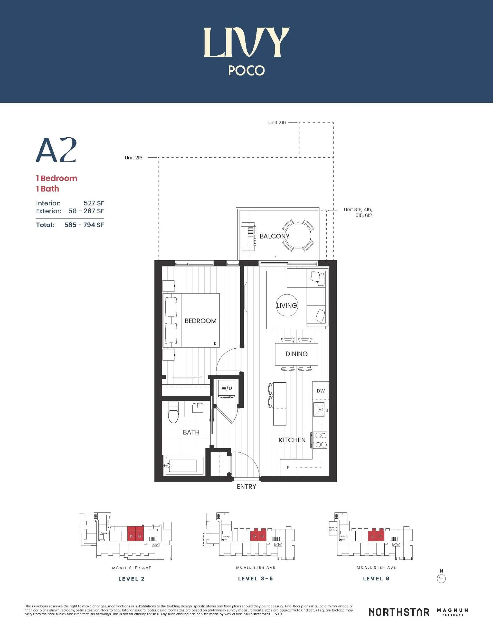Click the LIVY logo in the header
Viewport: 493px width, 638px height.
point(246,42)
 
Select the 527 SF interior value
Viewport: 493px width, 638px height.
point(93,203)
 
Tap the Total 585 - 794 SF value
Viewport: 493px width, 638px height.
point(84,225)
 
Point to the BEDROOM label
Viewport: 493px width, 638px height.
point(201,321)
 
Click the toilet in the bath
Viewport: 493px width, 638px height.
point(174,413)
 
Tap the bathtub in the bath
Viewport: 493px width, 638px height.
point(183,466)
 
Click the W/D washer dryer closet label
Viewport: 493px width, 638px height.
point(226,388)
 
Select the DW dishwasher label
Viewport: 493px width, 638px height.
point(321,391)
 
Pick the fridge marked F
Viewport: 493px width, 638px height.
point(288,468)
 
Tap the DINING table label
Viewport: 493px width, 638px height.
point(296,354)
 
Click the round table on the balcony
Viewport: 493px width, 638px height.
point(298,235)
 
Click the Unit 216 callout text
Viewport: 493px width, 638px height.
point(277,123)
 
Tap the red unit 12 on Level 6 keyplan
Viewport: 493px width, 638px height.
point(372,536)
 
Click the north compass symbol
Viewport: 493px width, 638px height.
point(441,579)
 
